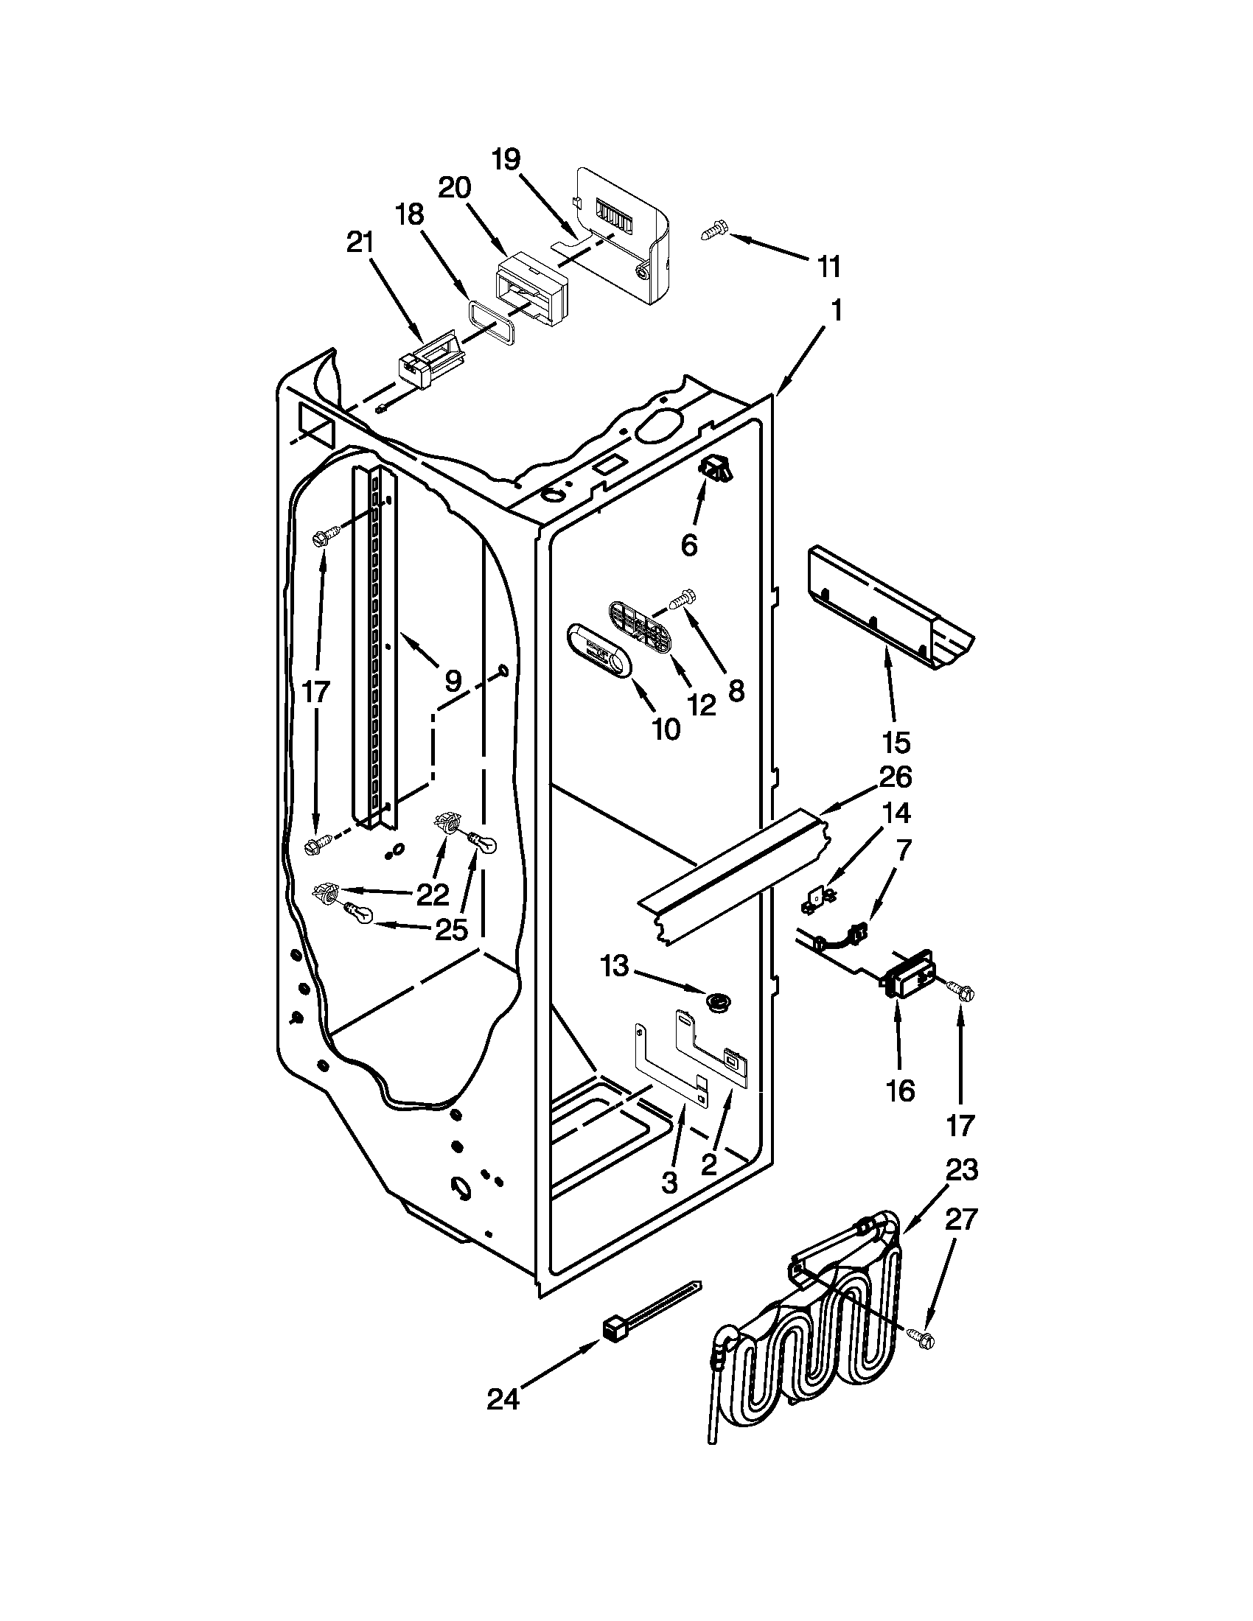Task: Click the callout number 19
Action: (506, 160)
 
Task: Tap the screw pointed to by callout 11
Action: (713, 230)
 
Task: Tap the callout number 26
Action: (896, 777)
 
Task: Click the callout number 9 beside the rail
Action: (452, 679)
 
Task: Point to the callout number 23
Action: (962, 1171)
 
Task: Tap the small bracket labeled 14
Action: (817, 901)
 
